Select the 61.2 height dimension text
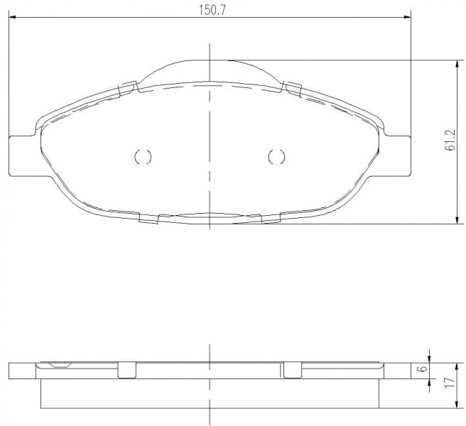(x=450, y=142)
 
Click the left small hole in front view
(x=143, y=157)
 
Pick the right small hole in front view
(x=276, y=157)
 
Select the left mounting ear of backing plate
(x=21, y=156)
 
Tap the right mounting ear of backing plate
(x=398, y=156)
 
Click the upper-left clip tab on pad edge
(x=128, y=87)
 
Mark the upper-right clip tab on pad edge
(x=292, y=87)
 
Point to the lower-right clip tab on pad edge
(x=271, y=218)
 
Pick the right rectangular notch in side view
(x=293, y=370)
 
